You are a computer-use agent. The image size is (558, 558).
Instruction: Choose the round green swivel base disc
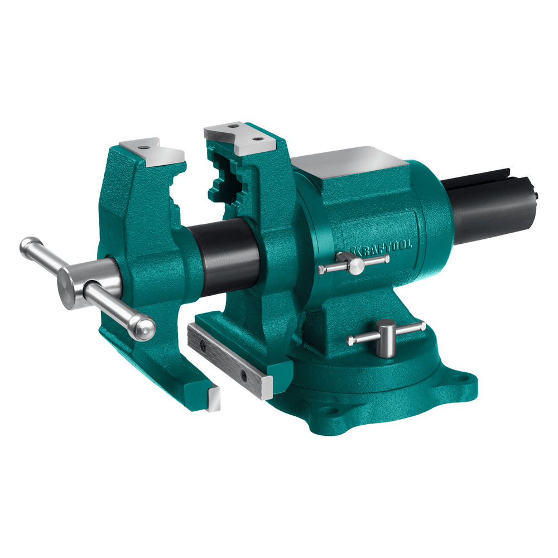[363, 379]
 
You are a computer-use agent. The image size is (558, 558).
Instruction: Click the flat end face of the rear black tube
[536, 195]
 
